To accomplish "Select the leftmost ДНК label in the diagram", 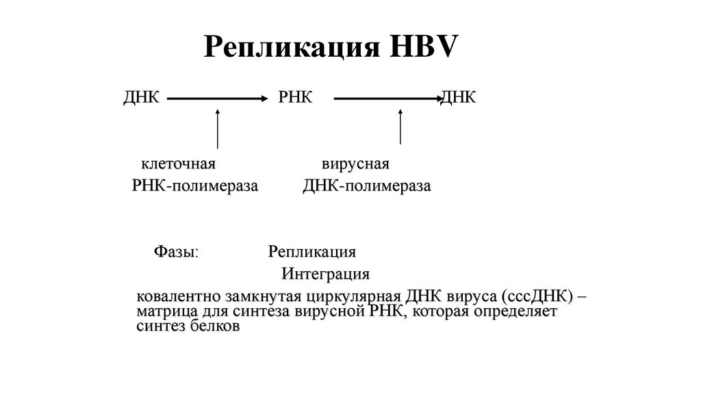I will point(141,98).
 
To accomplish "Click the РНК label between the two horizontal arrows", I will point(295,98).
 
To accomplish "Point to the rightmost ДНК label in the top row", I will point(458,98).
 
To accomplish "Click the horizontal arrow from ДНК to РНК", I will point(216,99).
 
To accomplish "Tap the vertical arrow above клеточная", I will point(217,128).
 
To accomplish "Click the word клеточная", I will point(179,164).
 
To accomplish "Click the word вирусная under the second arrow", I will point(355,164).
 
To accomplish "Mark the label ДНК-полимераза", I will point(367,187).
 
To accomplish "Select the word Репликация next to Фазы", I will point(311,251).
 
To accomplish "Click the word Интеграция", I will point(326,275).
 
